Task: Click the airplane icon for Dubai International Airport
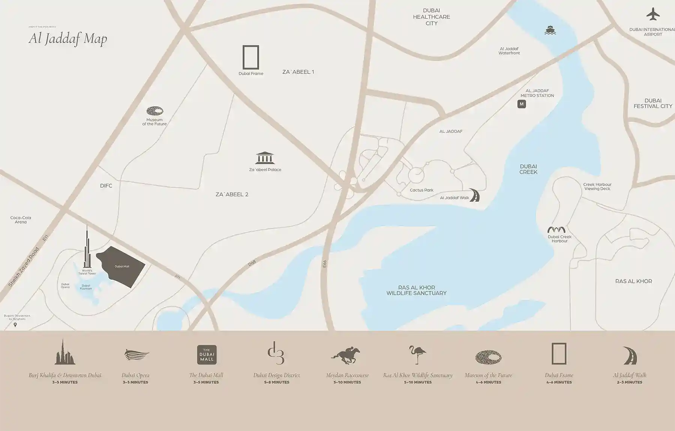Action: [x=653, y=15]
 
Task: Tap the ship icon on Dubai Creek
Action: [x=550, y=30]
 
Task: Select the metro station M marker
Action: [x=521, y=104]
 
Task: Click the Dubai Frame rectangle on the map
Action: [x=250, y=57]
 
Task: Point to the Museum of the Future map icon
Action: [x=154, y=111]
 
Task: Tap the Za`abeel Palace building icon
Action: [x=265, y=158]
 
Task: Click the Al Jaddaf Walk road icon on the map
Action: [x=474, y=195]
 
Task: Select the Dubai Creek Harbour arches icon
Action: [x=556, y=230]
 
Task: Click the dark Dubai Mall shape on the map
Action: [x=122, y=266]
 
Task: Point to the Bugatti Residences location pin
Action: [x=15, y=325]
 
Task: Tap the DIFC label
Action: [x=106, y=186]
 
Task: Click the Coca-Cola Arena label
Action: [x=21, y=220]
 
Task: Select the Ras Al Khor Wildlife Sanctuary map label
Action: [x=416, y=290]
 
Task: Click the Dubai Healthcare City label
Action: [x=431, y=17]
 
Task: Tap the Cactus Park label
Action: [x=421, y=190]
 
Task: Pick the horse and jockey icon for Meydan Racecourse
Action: [x=346, y=355]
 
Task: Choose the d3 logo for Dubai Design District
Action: [x=276, y=353]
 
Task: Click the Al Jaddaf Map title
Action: [x=68, y=38]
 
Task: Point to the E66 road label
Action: [x=325, y=264]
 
